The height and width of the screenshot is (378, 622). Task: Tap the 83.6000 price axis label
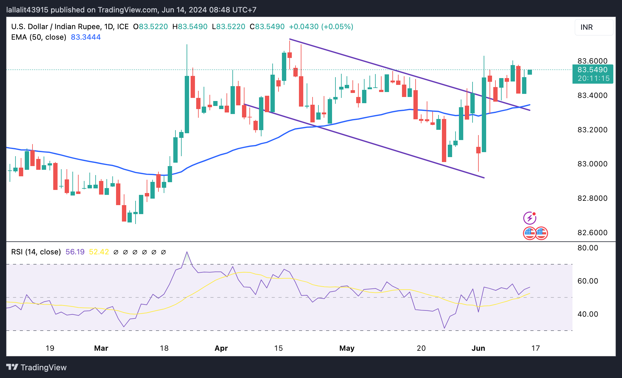[592, 61]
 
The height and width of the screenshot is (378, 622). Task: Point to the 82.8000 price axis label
[592, 198]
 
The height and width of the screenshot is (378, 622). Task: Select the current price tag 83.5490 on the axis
[592, 70]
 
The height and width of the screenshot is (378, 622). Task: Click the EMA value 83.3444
[86, 37]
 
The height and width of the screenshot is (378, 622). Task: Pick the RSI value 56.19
[75, 252]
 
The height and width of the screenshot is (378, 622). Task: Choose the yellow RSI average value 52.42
[99, 252]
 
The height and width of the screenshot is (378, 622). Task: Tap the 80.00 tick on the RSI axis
[588, 248]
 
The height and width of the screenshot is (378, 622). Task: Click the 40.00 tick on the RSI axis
[588, 314]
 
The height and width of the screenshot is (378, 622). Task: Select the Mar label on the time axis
[101, 348]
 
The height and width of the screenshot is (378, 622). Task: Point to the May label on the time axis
[347, 348]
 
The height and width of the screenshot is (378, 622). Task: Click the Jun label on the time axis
[478, 348]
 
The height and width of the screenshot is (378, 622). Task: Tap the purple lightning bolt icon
[529, 218]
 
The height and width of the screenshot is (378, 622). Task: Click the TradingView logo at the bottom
[37, 367]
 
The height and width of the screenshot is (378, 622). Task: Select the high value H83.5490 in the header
[190, 27]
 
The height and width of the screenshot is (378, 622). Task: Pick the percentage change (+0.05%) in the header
[337, 27]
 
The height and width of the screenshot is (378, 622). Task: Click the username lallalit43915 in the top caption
[27, 10]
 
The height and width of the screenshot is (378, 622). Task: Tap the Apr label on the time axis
[221, 348]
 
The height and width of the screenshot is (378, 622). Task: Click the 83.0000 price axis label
[592, 164]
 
